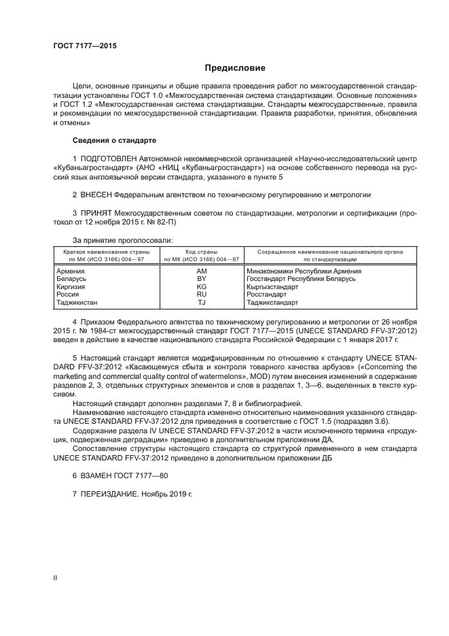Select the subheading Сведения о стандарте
pos(114,140)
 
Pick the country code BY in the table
pos(201,279)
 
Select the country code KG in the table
pos(201,286)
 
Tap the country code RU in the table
pos(201,294)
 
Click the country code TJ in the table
pos(201,301)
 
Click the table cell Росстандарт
pos(265,294)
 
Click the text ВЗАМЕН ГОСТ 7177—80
pos(113,475)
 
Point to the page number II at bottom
pos(54,578)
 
